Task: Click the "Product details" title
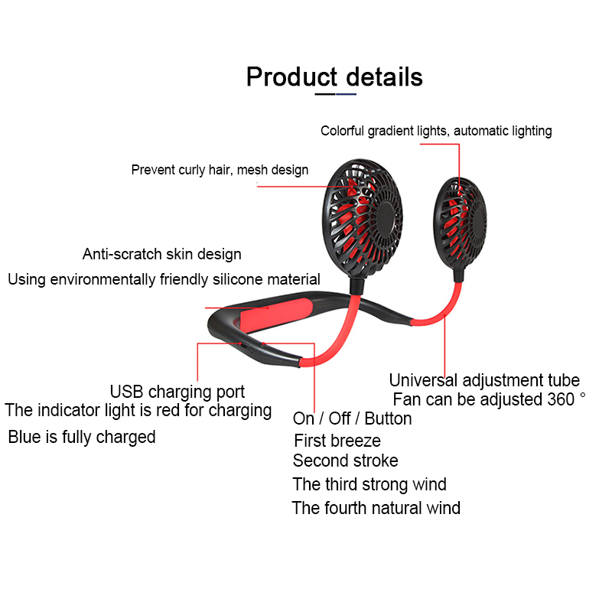[x=334, y=76]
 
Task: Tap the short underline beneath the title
[x=336, y=95]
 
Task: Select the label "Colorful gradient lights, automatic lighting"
[x=436, y=131]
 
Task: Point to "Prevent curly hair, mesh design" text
[x=220, y=170]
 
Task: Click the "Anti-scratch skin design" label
[x=162, y=254]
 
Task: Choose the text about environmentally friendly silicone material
[x=164, y=279]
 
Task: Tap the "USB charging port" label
[x=177, y=392]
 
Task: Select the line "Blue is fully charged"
[x=82, y=437]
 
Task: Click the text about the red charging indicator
[x=138, y=410]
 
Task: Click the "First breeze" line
[x=337, y=441]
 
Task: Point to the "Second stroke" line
[x=345, y=461]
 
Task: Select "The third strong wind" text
[x=369, y=484]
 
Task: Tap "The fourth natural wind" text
[x=376, y=507]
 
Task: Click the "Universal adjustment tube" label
[x=484, y=380]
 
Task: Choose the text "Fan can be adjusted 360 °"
[x=489, y=399]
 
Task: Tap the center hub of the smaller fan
[x=476, y=221]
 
